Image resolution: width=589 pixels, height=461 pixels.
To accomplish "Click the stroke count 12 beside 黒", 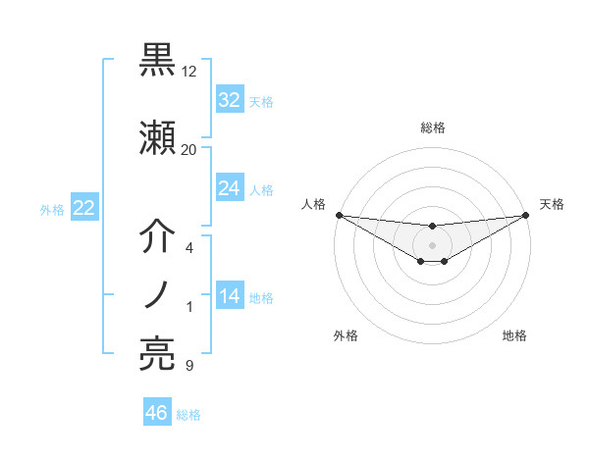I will click(189, 72).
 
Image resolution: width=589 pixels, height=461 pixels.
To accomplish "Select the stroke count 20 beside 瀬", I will click(189, 149).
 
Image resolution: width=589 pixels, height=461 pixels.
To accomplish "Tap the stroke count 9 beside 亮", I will click(188, 366).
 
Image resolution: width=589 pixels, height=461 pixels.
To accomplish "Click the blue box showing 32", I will click(229, 100).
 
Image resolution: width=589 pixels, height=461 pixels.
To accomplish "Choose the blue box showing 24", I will click(229, 188).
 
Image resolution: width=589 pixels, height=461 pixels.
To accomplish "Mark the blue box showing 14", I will click(229, 297).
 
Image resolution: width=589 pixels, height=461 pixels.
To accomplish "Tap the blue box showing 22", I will click(83, 208).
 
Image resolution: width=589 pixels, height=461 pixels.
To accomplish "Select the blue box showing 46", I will click(157, 413).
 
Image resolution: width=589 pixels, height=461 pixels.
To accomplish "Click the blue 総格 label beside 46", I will click(188, 415).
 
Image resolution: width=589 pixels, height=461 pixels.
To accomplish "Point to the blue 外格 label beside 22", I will click(52, 209).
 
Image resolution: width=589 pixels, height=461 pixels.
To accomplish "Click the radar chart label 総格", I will click(432, 128).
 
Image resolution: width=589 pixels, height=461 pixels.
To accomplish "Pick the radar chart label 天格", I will click(553, 204).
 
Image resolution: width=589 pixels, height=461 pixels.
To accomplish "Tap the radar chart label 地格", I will click(514, 336).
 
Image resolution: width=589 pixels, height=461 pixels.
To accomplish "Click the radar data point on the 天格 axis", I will click(526, 215).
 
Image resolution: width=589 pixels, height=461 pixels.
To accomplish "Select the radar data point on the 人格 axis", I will click(339, 215).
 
